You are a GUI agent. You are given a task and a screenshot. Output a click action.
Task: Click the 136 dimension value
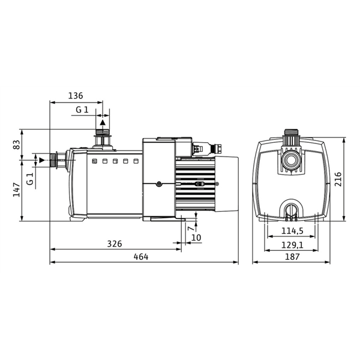(x=76, y=95)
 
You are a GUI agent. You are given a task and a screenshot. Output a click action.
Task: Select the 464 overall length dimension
(x=140, y=257)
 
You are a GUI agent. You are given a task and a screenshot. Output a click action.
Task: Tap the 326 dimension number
(x=115, y=244)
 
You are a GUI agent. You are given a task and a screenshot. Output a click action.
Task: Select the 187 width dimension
(x=292, y=257)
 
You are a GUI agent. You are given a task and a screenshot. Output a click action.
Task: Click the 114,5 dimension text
(x=292, y=231)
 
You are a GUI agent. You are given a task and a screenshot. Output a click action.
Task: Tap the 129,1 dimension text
(x=292, y=244)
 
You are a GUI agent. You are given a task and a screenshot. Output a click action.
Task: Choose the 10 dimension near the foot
(x=195, y=238)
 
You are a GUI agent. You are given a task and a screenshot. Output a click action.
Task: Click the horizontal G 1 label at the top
(x=82, y=109)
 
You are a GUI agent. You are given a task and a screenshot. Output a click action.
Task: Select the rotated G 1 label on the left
(x=29, y=178)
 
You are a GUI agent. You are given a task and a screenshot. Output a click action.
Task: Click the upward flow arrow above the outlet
(x=103, y=122)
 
